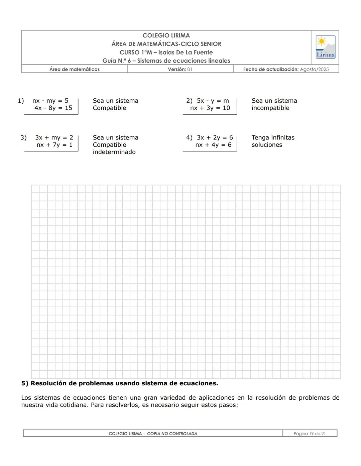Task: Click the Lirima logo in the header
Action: pyautogui.click(x=325, y=47)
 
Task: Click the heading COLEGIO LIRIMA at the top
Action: pyautogui.click(x=166, y=35)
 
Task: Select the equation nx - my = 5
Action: pyautogui.click(x=50, y=101)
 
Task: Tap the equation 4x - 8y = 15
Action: pyautogui.click(x=53, y=108)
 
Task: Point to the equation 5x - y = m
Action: pyautogui.click(x=213, y=101)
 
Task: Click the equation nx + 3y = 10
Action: pyautogui.click(x=210, y=108)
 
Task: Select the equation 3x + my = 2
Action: pyautogui.click(x=54, y=138)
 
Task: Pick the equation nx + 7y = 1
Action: pyautogui.click(x=54, y=145)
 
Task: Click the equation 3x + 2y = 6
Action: pyautogui.click(x=215, y=138)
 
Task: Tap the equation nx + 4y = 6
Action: pyautogui.click(x=213, y=145)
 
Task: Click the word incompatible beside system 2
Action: pyautogui.click(x=270, y=108)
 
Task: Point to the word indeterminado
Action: pyautogui.click(x=114, y=152)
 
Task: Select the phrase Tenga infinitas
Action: pyautogui.click(x=273, y=138)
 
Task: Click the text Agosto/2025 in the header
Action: pyautogui.click(x=314, y=69)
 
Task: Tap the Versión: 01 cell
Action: pyautogui.click(x=180, y=69)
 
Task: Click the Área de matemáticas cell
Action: pyautogui.click(x=75, y=69)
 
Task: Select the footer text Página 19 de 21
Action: pyautogui.click(x=310, y=434)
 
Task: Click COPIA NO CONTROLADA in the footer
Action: pyautogui.click(x=172, y=434)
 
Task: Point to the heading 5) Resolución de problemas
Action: pyautogui.click(x=119, y=383)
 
